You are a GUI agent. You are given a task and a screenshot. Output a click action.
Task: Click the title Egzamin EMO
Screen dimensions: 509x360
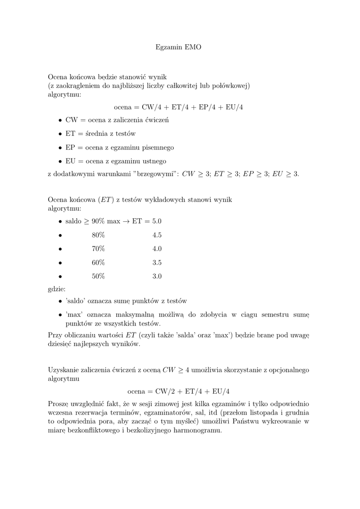[180, 48]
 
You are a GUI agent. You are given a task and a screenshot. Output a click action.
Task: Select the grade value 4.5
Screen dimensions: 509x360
[157, 235]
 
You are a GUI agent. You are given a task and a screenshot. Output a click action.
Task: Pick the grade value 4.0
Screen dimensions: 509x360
[157, 249]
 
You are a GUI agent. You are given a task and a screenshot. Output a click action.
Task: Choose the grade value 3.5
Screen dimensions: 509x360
[157, 262]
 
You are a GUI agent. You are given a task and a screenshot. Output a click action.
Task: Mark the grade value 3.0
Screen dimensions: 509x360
[157, 276]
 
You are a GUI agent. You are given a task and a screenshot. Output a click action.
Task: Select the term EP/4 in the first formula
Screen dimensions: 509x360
[207, 107]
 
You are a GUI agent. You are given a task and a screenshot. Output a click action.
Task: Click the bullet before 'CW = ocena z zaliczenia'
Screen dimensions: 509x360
[60, 120]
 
